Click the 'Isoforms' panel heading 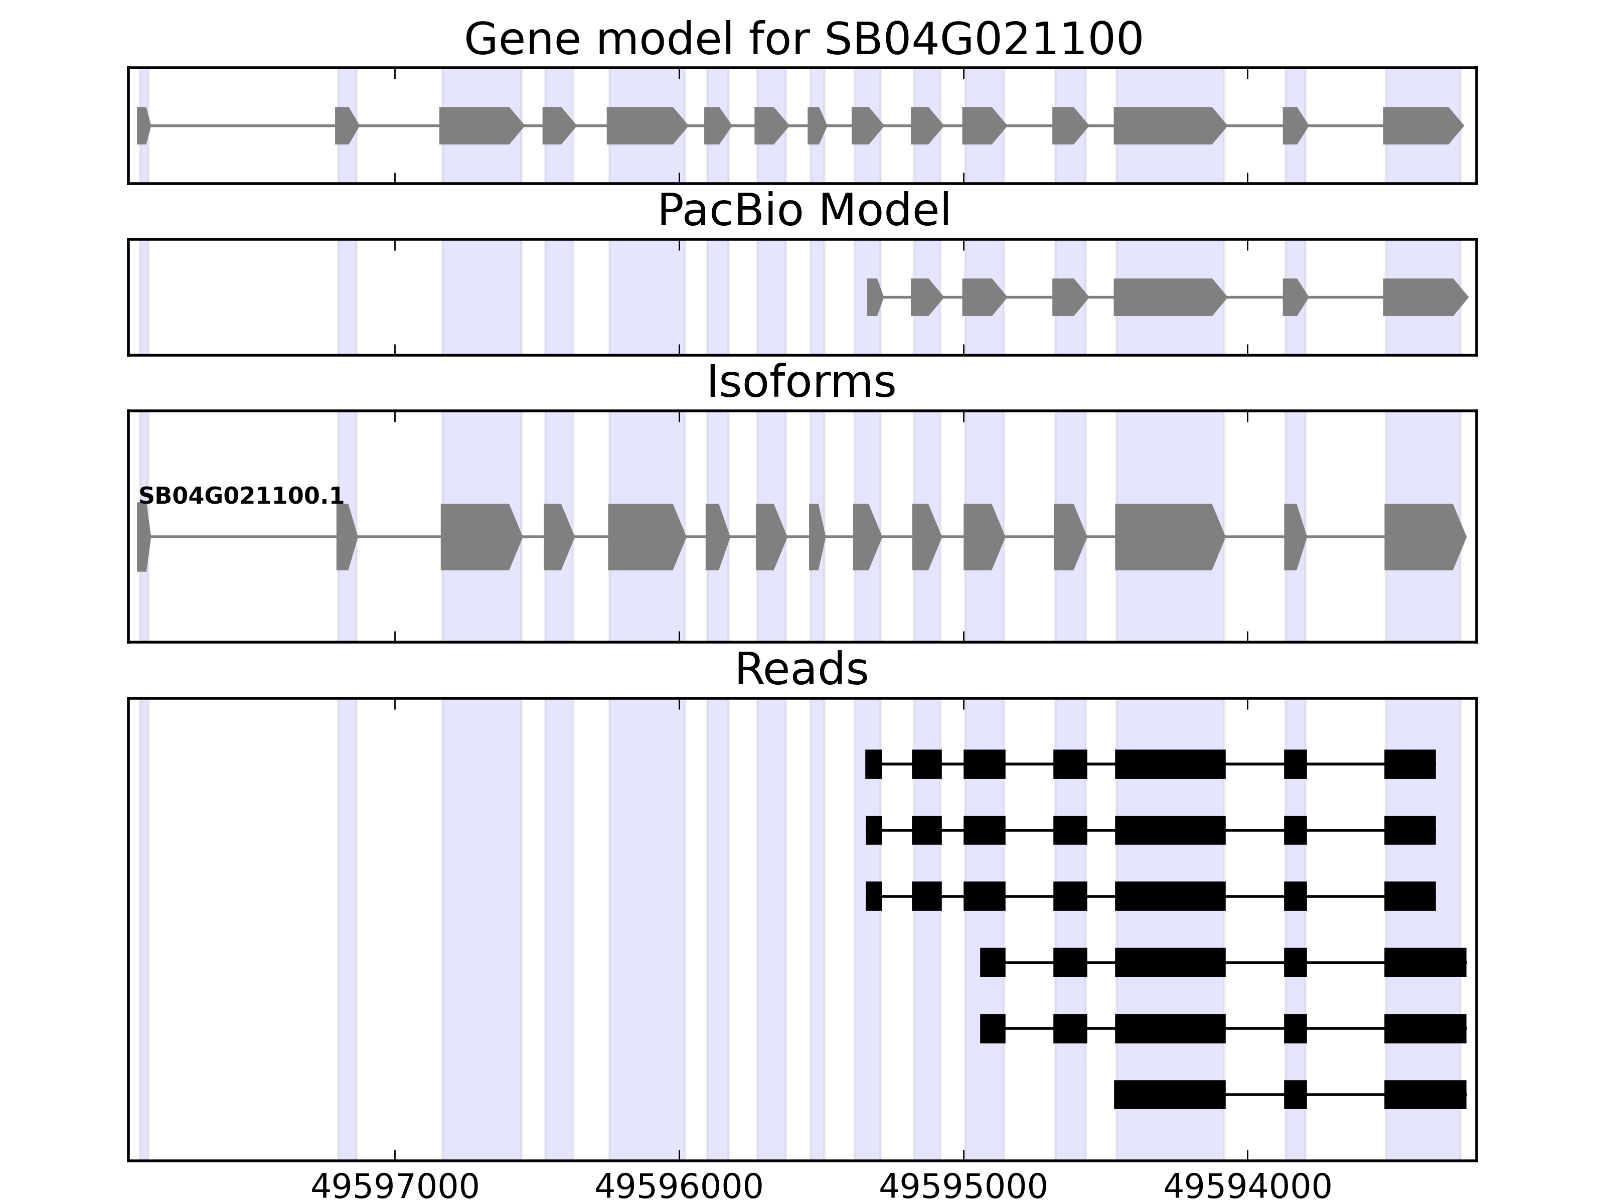click(x=801, y=382)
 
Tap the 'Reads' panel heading click(x=801, y=669)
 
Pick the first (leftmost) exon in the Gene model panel click(x=143, y=125)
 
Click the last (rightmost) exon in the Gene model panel click(x=1421, y=125)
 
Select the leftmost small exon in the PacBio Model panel click(x=874, y=297)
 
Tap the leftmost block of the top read click(x=874, y=764)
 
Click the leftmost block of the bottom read click(x=1170, y=1095)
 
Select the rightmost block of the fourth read click(x=1424, y=962)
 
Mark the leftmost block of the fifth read click(x=993, y=1028)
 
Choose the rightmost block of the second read click(x=1409, y=830)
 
